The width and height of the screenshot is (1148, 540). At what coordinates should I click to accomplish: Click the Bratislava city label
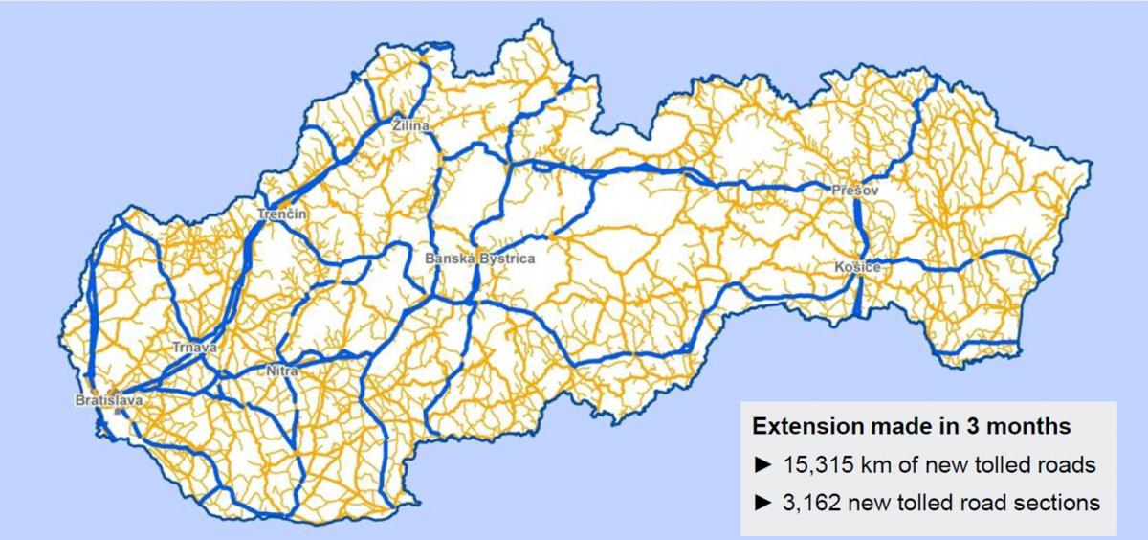pos(109,400)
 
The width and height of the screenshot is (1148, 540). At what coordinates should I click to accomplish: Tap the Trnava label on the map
pos(195,347)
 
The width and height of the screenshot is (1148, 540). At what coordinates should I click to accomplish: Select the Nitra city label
pos(283,370)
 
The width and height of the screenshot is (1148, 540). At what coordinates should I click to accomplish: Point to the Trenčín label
pos(282,214)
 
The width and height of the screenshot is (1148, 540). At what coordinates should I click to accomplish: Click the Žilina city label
pos(411,125)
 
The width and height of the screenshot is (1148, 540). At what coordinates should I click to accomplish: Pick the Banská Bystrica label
pos(480,259)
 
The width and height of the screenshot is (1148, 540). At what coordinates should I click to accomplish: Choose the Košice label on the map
pos(856,267)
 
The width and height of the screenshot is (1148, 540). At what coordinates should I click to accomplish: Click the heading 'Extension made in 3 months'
pos(911,425)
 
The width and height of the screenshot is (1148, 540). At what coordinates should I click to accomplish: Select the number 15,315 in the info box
pos(813,464)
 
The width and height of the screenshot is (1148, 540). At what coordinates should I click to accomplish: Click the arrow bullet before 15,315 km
pos(762,465)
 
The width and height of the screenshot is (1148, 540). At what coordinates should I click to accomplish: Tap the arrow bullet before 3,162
pos(762,502)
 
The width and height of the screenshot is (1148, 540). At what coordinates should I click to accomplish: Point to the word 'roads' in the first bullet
pos(1067,464)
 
